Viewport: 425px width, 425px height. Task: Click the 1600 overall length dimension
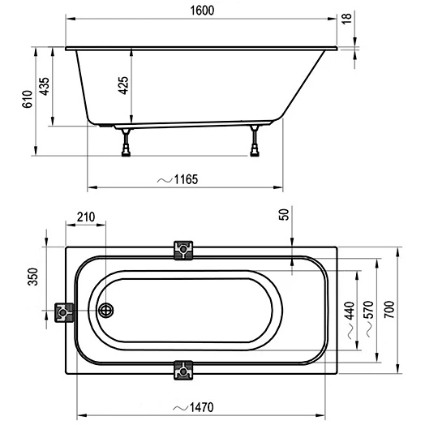pos(202,11)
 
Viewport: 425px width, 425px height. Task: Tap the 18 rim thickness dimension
pos(346,19)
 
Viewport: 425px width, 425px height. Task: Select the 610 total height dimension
pos(28,99)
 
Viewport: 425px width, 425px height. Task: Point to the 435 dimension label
pos(44,86)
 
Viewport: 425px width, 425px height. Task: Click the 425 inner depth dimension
pos(123,85)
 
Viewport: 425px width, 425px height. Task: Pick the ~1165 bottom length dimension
pos(178,179)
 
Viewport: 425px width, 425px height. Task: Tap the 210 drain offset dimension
pos(86,217)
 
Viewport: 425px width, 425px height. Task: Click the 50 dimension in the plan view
pos(285,215)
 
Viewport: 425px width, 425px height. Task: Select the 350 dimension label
pos(33,277)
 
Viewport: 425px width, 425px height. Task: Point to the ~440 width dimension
pos(350,320)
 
